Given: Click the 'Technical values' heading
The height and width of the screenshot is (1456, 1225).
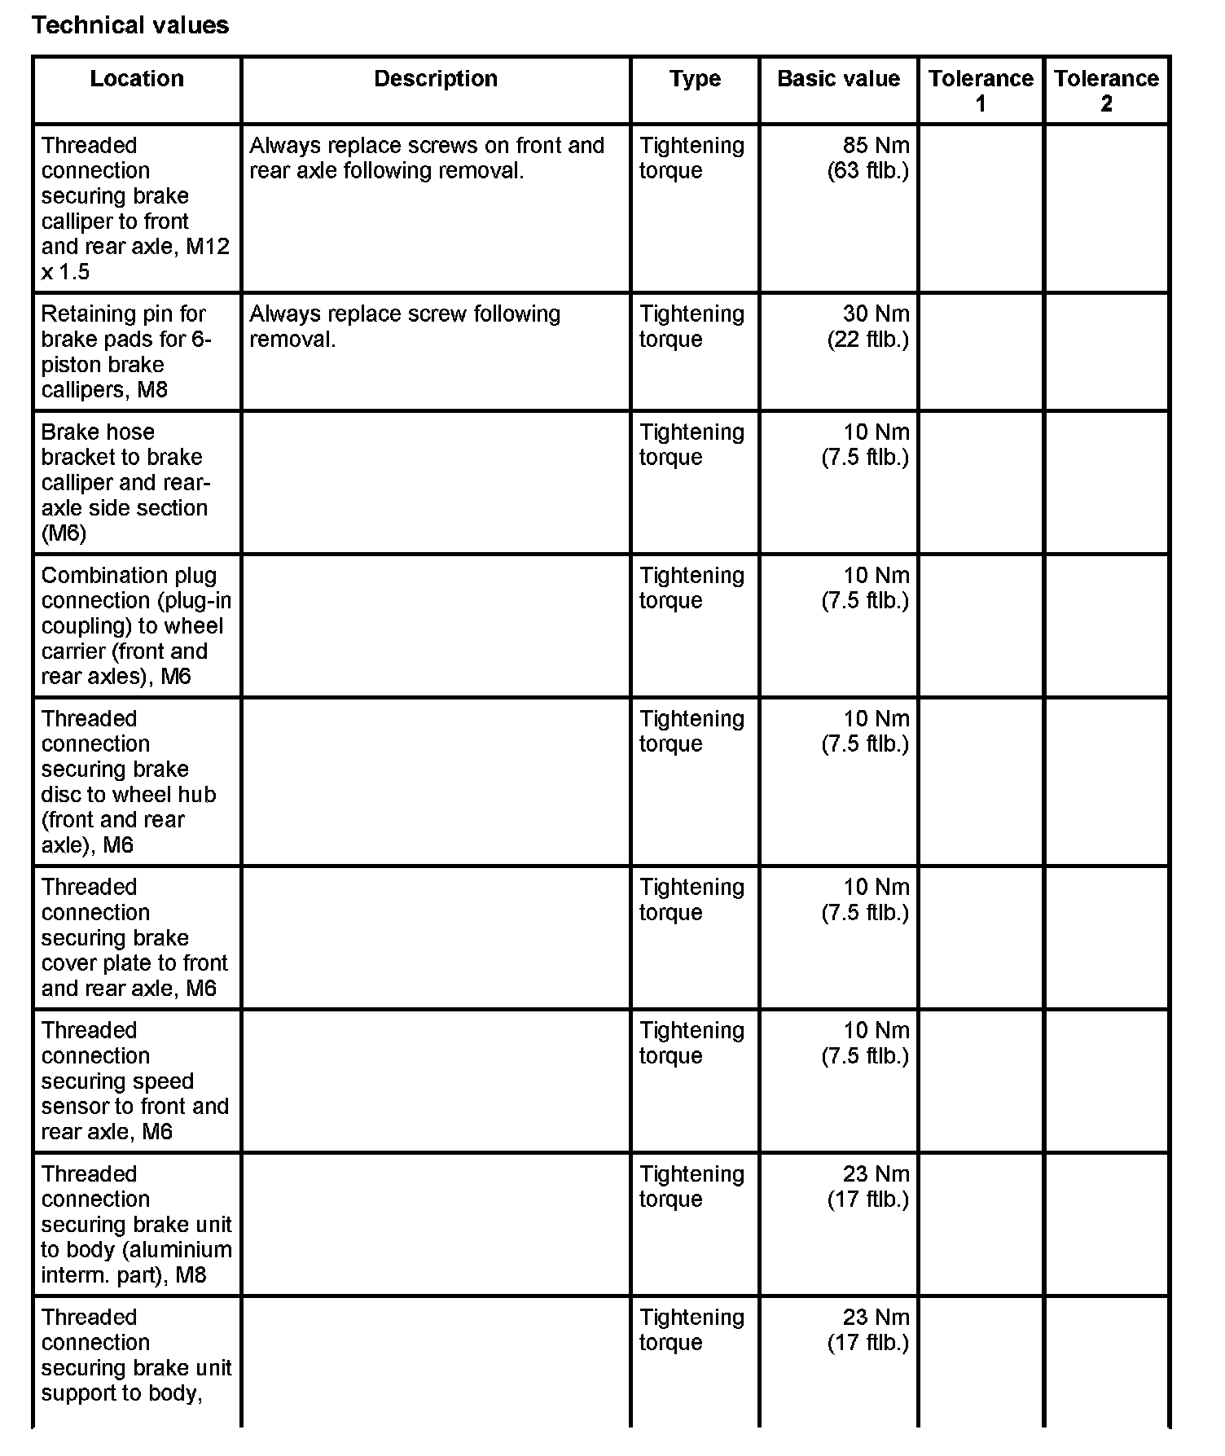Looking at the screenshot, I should tap(130, 25).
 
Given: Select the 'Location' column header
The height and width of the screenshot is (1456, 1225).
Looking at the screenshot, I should tap(137, 79).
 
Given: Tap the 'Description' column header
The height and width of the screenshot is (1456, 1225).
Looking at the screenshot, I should tap(436, 79).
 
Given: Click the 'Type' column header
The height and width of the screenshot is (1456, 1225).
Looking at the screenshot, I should tap(695, 79).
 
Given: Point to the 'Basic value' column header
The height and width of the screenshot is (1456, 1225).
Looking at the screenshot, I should tap(838, 79).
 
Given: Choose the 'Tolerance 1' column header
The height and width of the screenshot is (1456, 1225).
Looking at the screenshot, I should tap(981, 90).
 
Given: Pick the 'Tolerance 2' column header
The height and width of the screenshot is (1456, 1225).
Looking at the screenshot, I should tap(1106, 90).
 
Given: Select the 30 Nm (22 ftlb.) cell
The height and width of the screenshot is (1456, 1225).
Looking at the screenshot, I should tap(868, 327).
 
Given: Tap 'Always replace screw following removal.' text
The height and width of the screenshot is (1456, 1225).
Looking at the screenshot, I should tap(405, 327).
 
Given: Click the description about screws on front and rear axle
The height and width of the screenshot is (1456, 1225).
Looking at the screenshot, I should tap(427, 158).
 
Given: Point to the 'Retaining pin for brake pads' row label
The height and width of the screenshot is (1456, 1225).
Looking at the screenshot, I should tap(126, 352).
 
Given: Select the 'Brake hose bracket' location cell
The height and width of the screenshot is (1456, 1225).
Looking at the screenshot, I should tap(126, 482).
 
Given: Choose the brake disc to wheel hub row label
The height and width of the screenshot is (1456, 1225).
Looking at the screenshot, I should tap(129, 782).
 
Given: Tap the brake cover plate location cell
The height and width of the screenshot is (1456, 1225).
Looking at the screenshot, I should tap(134, 937).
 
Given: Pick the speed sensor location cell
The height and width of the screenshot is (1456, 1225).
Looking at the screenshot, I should tap(134, 1081).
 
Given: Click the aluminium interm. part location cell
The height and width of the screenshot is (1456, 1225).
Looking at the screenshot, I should tap(136, 1224).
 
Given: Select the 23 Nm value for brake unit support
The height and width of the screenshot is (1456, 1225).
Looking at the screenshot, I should tap(868, 1330).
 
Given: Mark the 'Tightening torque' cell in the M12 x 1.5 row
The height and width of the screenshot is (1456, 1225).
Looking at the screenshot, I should tap(692, 158).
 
